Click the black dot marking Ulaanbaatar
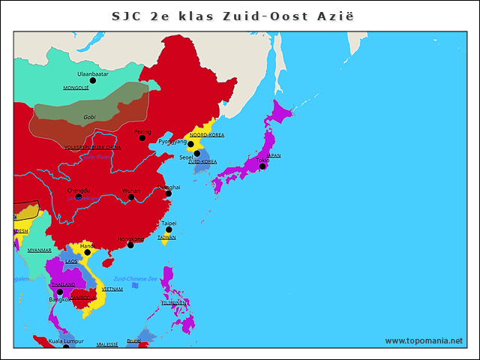pos(93,81)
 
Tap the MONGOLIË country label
pos(76,88)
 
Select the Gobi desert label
pos(89,117)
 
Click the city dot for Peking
pos(142,138)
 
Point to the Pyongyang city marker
pos(190,144)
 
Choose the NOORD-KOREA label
pos(206,135)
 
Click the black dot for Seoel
pos(197,153)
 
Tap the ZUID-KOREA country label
pos(202,161)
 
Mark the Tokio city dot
pos(262,166)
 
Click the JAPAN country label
pos(274,155)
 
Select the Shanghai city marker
pos(168,193)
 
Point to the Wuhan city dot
pos(131,197)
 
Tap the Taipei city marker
pos(169,230)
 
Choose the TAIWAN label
pos(166,237)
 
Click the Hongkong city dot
pos(130,245)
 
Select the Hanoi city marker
pos(87,252)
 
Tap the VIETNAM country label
pos(112,289)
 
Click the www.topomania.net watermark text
pos(424,340)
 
